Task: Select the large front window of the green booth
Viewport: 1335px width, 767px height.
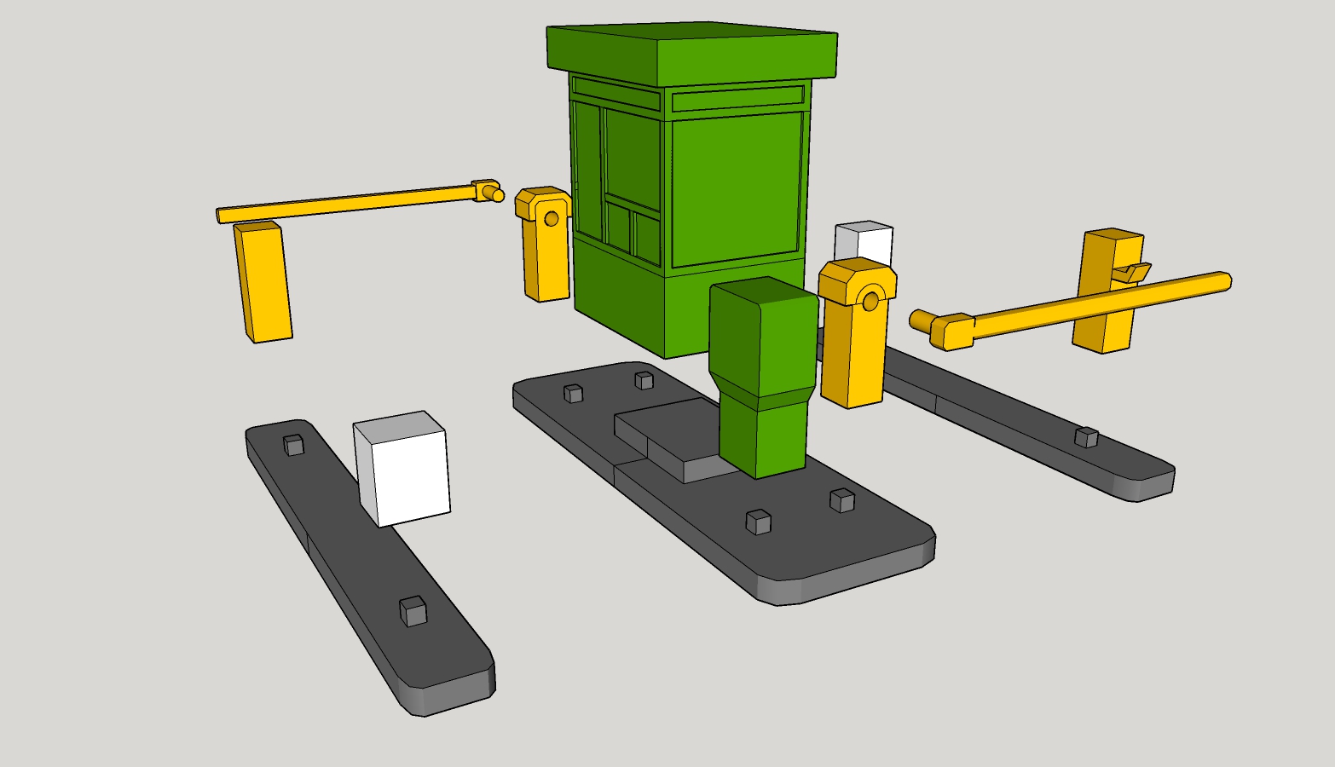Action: pyautogui.click(x=737, y=187)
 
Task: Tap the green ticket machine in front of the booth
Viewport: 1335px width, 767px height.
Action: pyautogui.click(x=763, y=375)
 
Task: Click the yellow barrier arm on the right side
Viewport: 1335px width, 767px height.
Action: pyautogui.click(x=1100, y=302)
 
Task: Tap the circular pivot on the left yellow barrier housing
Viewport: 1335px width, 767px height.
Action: pyautogui.click(x=552, y=219)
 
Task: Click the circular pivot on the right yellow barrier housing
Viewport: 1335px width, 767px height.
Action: pyautogui.click(x=870, y=301)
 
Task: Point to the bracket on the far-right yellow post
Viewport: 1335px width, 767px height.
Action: pyautogui.click(x=1132, y=273)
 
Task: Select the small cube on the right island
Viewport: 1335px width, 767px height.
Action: pyautogui.click(x=1086, y=437)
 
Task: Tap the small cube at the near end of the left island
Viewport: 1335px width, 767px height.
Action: pyautogui.click(x=413, y=611)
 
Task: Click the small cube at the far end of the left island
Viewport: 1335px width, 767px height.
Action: pyautogui.click(x=293, y=445)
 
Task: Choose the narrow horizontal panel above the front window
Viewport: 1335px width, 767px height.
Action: pyautogui.click(x=737, y=100)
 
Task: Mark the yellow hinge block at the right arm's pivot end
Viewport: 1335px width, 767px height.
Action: pyautogui.click(x=951, y=331)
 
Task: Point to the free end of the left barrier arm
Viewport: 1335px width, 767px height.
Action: pyautogui.click(x=223, y=215)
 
